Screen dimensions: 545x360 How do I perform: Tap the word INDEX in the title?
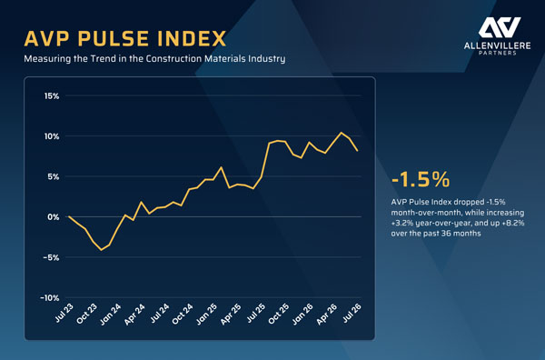pyautogui.click(x=192, y=38)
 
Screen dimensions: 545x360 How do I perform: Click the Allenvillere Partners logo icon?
pyautogui.click(x=499, y=27)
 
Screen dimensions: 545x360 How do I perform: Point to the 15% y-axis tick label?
pyautogui.click(x=52, y=95)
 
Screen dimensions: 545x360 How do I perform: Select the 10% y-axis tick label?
pyautogui.click(x=52, y=136)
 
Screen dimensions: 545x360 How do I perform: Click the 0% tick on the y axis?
pyautogui.click(x=54, y=217)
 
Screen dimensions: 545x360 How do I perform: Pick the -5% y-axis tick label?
pyautogui.click(x=51, y=258)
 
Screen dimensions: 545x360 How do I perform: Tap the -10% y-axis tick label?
pyautogui.click(x=50, y=298)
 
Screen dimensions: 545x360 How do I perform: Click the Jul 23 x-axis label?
pyautogui.click(x=64, y=313)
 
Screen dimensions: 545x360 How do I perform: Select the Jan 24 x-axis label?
pyautogui.click(x=111, y=314)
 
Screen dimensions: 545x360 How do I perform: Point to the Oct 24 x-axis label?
pyautogui.click(x=183, y=314)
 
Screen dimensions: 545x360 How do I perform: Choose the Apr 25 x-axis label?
pyautogui.click(x=231, y=314)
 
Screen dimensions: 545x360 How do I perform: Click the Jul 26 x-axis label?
pyautogui.click(x=352, y=313)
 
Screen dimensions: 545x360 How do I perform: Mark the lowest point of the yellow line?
pyautogui.click(x=102, y=250)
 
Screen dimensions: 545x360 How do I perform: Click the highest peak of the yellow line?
pyautogui.click(x=341, y=133)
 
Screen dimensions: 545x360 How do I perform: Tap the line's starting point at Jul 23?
pyautogui.click(x=69, y=216)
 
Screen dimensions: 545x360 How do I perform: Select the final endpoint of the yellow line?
pyautogui.click(x=358, y=151)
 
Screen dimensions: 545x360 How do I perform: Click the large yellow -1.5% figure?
pyautogui.click(x=421, y=179)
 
